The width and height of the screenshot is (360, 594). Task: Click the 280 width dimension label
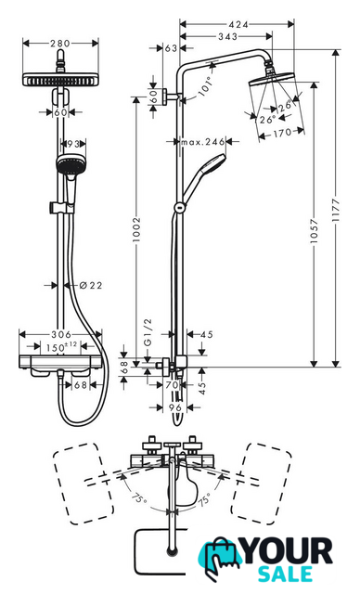point(60,44)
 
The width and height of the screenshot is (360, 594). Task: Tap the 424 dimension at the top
point(238,25)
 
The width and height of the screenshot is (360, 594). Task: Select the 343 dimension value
point(228,36)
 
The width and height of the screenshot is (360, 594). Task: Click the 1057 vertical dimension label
point(314,231)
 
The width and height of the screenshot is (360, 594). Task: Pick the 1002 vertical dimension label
point(136,229)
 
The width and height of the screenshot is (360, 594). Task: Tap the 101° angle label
point(206,86)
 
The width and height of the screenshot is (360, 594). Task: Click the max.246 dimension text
point(203,142)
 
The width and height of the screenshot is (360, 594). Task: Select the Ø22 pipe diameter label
point(91,285)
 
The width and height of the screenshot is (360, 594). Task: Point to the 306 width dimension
point(61,334)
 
